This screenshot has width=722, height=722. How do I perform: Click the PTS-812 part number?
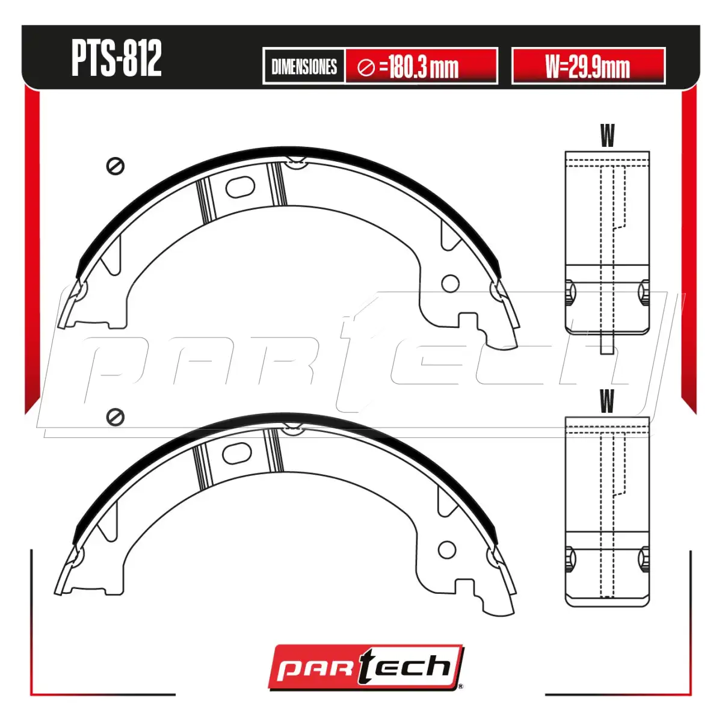[117, 58]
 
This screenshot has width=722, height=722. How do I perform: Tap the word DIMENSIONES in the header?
[304, 67]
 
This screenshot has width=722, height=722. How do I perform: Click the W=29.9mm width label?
[587, 67]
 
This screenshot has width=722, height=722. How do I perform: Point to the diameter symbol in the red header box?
[366, 68]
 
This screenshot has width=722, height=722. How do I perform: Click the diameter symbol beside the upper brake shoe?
[115, 166]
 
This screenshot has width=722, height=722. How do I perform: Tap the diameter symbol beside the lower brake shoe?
[115, 417]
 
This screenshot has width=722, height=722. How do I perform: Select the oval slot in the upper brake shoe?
[240, 187]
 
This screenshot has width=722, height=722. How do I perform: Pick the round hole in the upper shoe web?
[451, 283]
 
